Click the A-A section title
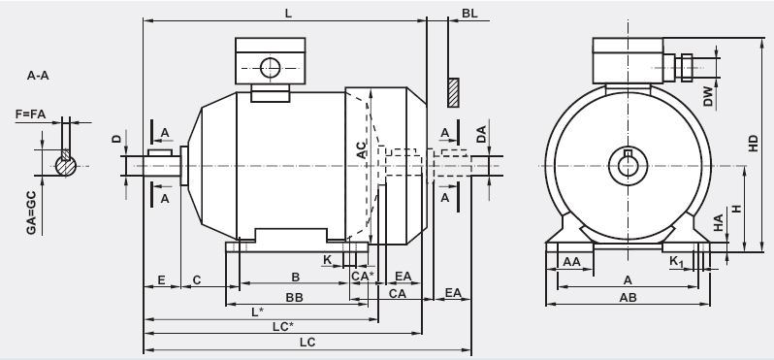pos(38,76)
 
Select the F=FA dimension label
pos(30,115)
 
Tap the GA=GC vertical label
pos(31,213)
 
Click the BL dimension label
pos(469,14)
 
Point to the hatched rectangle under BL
pos(453,92)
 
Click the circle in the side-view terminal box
pos(270,68)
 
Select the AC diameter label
pos(362,150)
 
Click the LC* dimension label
pos(283,326)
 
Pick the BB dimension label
pos(294,297)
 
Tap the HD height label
pos(753,144)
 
